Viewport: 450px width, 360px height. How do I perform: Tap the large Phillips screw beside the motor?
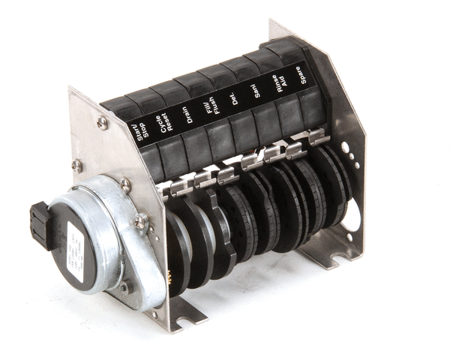[x=141, y=221]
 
